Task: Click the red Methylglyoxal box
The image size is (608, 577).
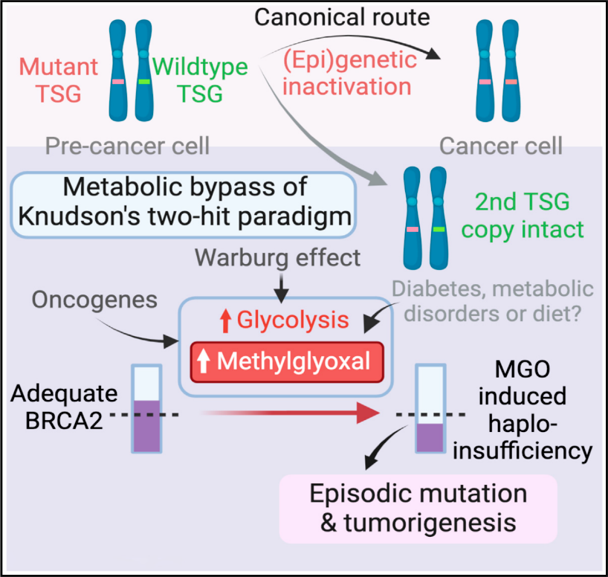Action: point(287,361)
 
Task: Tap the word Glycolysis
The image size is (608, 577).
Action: point(293,320)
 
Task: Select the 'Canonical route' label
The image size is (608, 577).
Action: point(342,17)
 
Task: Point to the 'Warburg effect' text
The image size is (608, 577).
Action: point(278,258)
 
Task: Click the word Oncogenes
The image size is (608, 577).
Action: point(94,300)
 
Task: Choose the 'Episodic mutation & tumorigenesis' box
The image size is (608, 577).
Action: point(418,509)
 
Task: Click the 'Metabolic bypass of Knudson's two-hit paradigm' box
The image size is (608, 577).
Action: point(184,204)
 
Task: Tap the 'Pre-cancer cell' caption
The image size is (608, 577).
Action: point(127,146)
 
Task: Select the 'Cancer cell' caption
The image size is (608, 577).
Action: point(500,146)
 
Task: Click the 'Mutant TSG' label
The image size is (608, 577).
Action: point(59,80)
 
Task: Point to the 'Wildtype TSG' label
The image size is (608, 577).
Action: point(200,80)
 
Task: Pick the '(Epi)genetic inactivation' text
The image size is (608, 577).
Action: point(349,73)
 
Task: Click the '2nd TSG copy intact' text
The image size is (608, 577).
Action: point(523,216)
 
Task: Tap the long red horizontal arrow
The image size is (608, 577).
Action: point(290,413)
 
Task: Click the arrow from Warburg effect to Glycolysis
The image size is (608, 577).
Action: point(282,288)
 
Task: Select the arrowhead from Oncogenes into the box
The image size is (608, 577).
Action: point(171,341)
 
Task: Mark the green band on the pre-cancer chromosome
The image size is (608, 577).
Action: point(144,82)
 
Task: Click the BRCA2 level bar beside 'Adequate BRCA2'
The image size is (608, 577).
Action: point(146,409)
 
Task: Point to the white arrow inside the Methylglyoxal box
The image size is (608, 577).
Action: point(203,361)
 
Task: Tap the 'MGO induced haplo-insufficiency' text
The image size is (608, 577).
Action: point(523,410)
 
